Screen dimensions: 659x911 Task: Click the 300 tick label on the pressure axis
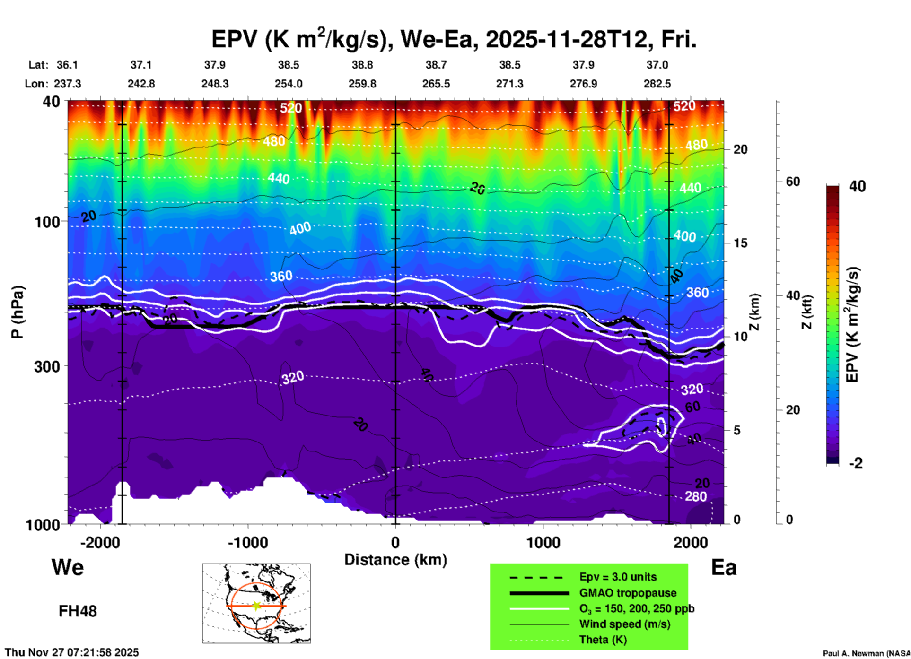click(x=47, y=366)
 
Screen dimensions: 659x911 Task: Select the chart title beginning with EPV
click(x=454, y=39)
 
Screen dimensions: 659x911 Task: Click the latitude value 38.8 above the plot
click(x=362, y=65)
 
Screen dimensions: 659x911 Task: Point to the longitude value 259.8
click(x=362, y=84)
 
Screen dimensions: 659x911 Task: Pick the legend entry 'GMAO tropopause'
click(x=628, y=593)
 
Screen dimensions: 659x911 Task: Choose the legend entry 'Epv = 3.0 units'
click(x=618, y=577)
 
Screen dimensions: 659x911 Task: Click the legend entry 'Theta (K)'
click(x=603, y=640)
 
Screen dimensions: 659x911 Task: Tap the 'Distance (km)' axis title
click(x=395, y=560)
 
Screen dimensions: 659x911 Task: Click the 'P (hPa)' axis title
click(x=18, y=312)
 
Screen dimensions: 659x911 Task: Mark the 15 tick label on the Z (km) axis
click(x=740, y=243)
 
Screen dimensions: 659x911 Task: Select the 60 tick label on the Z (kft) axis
click(x=793, y=182)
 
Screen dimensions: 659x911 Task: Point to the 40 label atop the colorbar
click(x=857, y=186)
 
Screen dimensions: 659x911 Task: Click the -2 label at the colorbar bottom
click(x=856, y=463)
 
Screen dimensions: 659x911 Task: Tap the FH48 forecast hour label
click(x=78, y=611)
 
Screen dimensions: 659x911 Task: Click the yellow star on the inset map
click(x=256, y=606)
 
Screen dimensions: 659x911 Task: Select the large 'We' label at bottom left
click(x=68, y=567)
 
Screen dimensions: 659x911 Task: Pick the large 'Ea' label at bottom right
click(x=724, y=567)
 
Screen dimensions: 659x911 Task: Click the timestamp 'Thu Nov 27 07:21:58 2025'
click(x=72, y=652)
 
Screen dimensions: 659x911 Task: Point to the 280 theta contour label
click(x=696, y=496)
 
